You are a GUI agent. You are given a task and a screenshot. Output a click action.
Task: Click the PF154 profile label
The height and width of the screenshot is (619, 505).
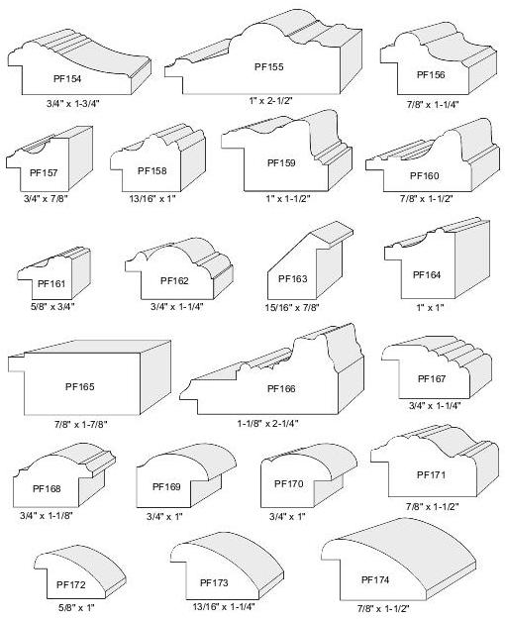[67, 78]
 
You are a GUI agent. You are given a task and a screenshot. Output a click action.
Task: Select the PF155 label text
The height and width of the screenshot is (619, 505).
[269, 66]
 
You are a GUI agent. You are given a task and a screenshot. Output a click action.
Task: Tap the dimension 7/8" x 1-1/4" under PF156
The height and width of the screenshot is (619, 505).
[433, 105]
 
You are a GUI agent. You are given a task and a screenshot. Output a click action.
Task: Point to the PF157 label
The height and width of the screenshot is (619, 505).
[44, 172]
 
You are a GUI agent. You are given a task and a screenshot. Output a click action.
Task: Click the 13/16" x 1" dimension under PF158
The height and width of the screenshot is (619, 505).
[152, 198]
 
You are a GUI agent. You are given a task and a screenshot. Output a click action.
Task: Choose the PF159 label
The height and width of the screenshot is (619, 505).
[281, 162]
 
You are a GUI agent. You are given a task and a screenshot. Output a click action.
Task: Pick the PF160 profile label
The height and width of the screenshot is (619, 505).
[425, 175]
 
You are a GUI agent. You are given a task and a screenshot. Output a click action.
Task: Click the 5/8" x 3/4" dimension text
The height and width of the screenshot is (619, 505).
[52, 306]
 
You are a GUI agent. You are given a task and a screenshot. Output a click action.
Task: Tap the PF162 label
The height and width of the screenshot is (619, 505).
[174, 280]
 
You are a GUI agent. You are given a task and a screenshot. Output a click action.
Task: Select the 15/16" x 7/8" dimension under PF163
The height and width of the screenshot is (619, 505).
[292, 307]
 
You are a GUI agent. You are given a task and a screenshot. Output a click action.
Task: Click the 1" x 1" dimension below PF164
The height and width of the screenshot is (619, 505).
[430, 307]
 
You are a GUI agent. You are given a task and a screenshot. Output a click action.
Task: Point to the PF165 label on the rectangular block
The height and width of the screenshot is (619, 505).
[80, 386]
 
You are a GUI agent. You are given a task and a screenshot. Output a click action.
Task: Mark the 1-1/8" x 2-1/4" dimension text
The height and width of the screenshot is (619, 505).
[267, 424]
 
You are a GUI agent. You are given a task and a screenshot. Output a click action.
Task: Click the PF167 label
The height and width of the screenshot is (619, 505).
[432, 379]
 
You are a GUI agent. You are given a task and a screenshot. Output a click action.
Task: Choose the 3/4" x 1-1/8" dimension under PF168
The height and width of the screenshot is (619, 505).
[47, 515]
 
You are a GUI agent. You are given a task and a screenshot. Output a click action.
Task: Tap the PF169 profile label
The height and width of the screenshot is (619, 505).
[166, 486]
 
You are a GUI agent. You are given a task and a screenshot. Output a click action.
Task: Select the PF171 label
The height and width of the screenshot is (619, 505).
[431, 474]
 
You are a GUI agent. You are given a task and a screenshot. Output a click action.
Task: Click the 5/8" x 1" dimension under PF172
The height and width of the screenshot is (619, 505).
[76, 607]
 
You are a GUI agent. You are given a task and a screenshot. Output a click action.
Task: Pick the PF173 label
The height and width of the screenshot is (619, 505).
[214, 582]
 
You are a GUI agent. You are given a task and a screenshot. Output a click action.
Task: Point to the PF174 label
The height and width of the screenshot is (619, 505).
[375, 579]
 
